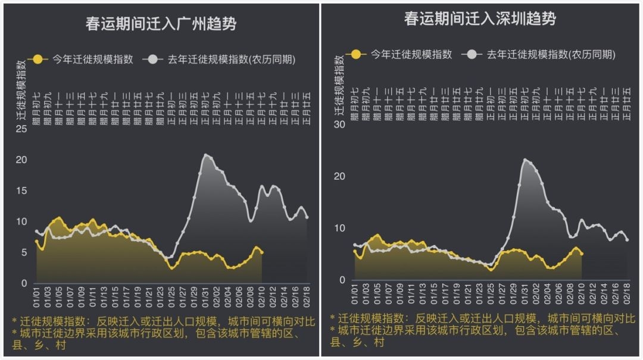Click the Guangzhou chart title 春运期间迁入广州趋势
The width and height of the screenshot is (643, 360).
pos(160,24)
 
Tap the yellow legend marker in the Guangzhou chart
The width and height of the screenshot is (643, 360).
pos(38,59)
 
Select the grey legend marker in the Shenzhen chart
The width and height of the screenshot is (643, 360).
pos(474,54)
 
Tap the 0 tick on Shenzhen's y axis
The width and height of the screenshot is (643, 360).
pos(342,280)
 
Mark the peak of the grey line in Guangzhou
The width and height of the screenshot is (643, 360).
pos(206,155)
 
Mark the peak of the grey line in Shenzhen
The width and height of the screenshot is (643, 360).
pos(525,159)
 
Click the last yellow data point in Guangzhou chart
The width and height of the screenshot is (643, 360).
pos(262,252)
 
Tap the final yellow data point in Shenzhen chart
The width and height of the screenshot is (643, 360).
pos(582,254)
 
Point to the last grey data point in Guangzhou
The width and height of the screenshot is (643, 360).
pos(307,217)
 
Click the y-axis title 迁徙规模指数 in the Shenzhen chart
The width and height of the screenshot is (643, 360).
pos(339,83)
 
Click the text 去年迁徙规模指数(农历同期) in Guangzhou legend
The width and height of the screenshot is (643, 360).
pos(232,59)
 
